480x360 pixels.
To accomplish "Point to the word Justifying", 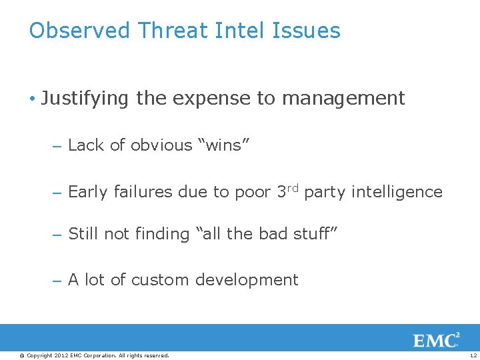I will tap(85, 99).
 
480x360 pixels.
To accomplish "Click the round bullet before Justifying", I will tap(33, 99).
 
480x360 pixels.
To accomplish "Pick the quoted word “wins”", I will tap(223, 145).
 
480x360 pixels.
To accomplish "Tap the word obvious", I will tap(161, 145).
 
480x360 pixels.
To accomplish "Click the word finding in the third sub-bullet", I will tap(161, 234).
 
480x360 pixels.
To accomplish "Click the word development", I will tap(247, 281).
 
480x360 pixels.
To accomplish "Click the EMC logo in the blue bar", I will tap(437, 341).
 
